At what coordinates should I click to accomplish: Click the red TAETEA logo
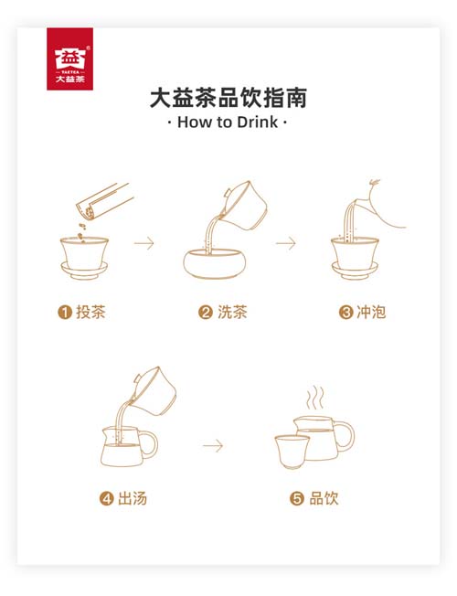click(x=70, y=59)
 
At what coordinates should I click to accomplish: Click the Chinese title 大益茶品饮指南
click(x=228, y=98)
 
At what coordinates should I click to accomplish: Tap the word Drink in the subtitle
click(x=258, y=122)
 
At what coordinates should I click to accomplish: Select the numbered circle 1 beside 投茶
click(x=65, y=313)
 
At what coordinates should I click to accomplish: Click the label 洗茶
click(x=232, y=312)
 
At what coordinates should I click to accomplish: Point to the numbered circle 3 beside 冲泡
click(x=346, y=313)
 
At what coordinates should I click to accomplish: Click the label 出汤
click(x=133, y=498)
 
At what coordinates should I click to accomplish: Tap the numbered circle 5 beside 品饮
click(x=296, y=499)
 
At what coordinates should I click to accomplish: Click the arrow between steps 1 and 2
click(x=144, y=243)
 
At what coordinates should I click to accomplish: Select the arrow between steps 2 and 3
click(x=286, y=243)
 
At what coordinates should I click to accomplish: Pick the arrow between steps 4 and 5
click(x=213, y=445)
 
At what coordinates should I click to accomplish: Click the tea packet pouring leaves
click(x=104, y=201)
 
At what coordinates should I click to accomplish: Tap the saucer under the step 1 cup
click(x=84, y=270)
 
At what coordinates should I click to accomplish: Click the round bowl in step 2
click(x=215, y=264)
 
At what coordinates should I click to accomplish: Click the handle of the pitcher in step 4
click(x=149, y=445)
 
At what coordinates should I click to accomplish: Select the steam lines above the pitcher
click(x=315, y=398)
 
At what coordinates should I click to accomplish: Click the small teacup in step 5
click(x=292, y=452)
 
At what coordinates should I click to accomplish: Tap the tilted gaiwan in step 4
click(x=154, y=390)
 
